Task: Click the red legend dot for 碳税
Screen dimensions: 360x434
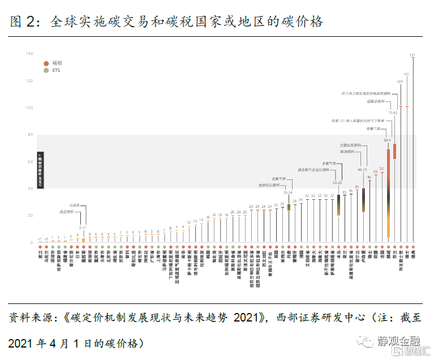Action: coord(46,62)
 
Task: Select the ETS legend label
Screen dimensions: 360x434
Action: coord(56,71)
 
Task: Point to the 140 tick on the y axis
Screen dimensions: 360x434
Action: coord(29,54)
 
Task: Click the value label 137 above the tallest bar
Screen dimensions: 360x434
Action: coord(412,55)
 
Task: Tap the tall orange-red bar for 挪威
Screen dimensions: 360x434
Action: coord(388,192)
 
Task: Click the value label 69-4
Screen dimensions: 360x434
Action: coord(387,140)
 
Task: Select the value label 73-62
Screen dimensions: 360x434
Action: coord(393,113)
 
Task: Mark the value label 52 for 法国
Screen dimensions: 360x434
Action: coord(381,169)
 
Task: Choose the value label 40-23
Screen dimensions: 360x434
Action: coord(362,169)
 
